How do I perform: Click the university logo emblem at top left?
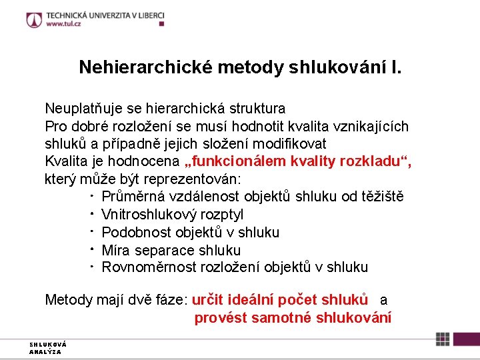[34, 20]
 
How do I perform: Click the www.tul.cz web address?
[64, 24]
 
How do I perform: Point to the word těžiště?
[381, 197]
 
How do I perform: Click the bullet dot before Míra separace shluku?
[89, 249]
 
